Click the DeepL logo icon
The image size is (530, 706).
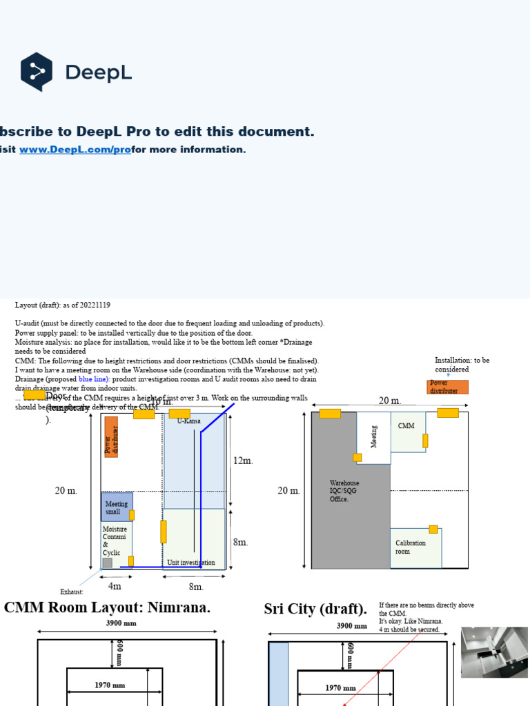(37, 72)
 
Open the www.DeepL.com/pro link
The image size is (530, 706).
(75, 150)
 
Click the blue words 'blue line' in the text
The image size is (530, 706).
(94, 379)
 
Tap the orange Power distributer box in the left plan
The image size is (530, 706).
(111, 436)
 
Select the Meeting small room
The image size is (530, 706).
(117, 507)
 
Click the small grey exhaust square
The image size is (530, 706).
(107, 563)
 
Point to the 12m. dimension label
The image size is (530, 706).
(243, 461)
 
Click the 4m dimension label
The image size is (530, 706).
(115, 586)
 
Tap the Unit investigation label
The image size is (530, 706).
(190, 563)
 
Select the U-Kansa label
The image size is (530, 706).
(188, 421)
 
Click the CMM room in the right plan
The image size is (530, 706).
(407, 432)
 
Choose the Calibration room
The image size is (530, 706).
(415, 547)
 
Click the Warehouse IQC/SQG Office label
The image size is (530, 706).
(344, 491)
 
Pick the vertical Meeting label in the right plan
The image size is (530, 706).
(374, 436)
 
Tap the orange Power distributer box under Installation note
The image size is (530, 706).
(447, 387)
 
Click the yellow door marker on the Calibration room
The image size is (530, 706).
(433, 529)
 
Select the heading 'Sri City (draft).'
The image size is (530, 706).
(315, 609)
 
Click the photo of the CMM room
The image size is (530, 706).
(493, 652)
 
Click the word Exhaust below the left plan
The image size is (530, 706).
(72, 592)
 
